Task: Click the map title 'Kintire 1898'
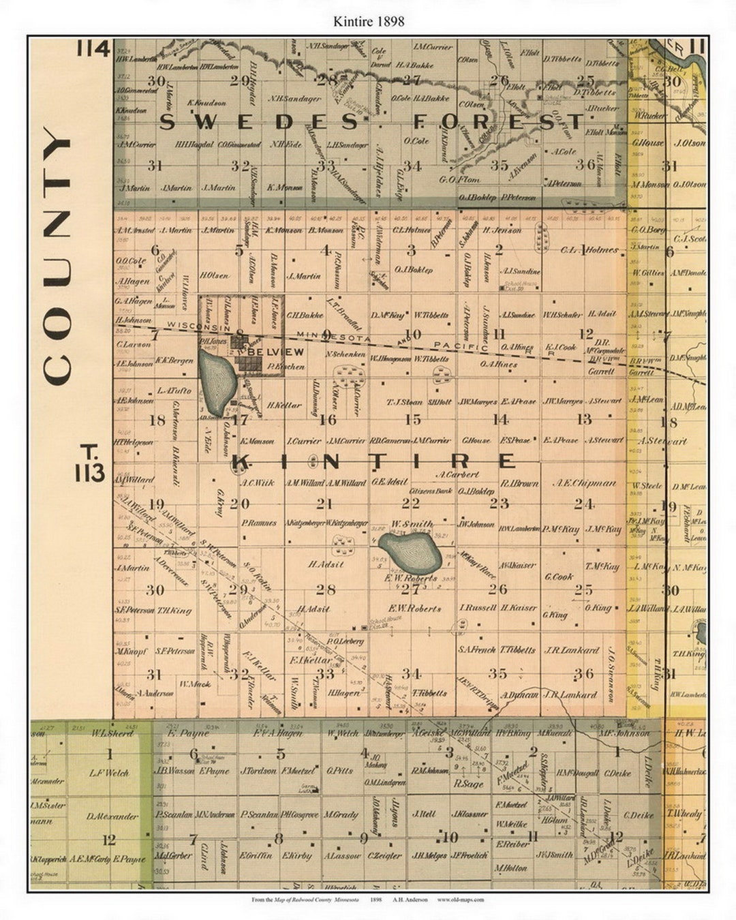[x=368, y=21]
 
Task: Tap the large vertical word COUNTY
[x=57, y=256]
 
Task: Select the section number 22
[x=410, y=503]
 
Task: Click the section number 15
[x=412, y=420]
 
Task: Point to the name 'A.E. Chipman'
[x=584, y=482]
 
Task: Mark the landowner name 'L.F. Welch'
[x=109, y=773]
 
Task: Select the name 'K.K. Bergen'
[x=174, y=360]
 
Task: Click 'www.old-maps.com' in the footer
[x=461, y=900]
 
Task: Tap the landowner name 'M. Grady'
[x=341, y=814]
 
